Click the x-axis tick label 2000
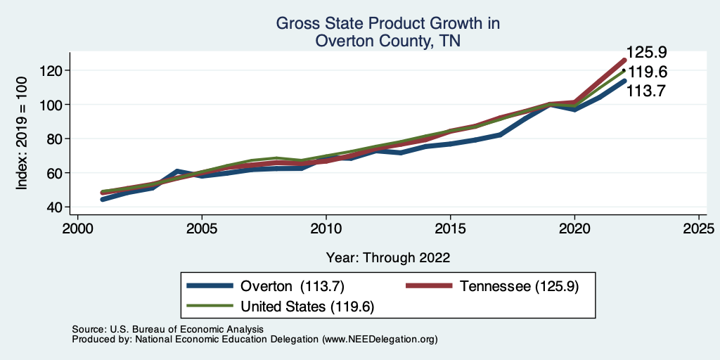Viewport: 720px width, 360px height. [77, 230]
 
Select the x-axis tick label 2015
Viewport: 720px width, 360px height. [450, 230]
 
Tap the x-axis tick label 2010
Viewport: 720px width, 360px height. [326, 230]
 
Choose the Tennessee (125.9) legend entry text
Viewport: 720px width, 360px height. [519, 286]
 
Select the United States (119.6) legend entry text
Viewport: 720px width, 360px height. [307, 306]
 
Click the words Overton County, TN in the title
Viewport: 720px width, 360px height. [387, 41]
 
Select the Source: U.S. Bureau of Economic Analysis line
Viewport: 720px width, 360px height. [167, 329]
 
